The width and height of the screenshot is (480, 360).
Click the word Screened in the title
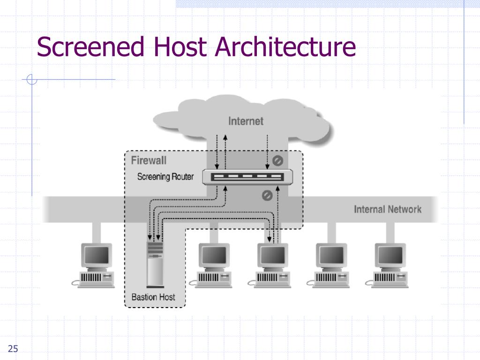90,46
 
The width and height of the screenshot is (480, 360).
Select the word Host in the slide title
180,46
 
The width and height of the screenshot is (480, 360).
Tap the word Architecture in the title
285,46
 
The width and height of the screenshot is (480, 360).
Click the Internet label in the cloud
246,121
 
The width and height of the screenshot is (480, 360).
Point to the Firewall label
149,160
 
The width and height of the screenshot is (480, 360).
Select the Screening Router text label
165,177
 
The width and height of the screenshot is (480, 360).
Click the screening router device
247,177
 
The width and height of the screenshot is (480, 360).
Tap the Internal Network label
388,210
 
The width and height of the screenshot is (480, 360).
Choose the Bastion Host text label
153,297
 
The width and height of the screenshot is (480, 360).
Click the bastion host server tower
155,264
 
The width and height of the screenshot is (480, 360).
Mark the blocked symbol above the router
277,160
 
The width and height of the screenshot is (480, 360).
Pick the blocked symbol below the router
267,195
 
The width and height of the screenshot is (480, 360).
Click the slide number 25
13,349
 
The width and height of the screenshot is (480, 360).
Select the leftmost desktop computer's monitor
97,255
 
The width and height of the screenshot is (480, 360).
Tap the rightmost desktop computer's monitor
390,255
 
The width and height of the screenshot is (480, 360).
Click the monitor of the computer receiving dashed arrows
273,255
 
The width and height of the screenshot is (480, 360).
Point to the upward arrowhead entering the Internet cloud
225,137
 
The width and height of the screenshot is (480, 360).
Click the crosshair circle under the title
32,79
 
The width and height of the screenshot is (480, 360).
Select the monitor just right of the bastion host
214,255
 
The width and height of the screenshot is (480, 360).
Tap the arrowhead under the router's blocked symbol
277,188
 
